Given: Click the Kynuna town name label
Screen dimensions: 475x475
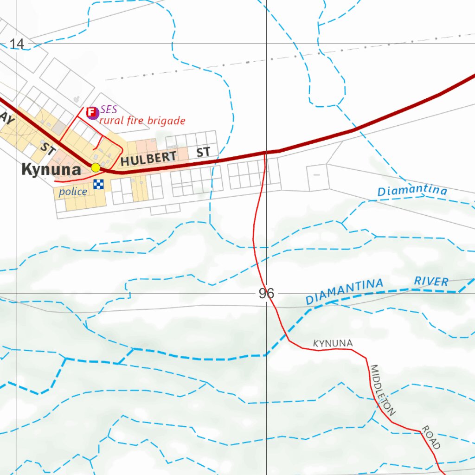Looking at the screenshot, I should click(51, 170).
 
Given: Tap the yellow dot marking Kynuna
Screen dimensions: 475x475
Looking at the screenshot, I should click(96, 167).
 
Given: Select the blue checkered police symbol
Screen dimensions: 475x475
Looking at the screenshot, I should click(98, 184).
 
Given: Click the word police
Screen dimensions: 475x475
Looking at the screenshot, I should click(73, 192).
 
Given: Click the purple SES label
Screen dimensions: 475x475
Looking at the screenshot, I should click(109, 109).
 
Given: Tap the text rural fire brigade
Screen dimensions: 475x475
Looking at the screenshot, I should click(142, 121).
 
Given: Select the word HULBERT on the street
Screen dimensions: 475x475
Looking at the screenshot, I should click(148, 158).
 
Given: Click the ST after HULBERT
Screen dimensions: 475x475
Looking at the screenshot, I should click(203, 152).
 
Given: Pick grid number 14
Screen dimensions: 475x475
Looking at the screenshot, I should click(17, 44).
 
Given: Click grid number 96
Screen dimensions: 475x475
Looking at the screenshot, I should click(266, 294).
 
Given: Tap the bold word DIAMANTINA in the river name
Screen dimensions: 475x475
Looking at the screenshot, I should click(345, 291).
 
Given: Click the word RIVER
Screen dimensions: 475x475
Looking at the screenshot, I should click(431, 281).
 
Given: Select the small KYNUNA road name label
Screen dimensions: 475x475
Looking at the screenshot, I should click(333, 343).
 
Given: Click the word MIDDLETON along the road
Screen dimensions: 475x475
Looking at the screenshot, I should click(383, 390).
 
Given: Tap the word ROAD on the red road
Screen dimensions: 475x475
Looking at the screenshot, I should click(431, 438).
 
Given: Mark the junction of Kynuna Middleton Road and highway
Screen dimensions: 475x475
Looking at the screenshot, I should click(265, 152).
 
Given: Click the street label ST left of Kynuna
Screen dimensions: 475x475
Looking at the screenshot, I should click(48, 149).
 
